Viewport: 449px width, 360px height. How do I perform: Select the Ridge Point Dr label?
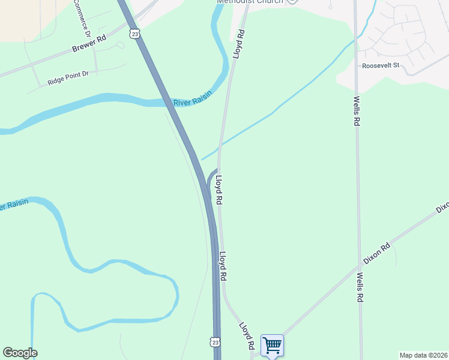[x=68, y=77]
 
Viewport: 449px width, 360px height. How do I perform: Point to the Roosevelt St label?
[x=380, y=65]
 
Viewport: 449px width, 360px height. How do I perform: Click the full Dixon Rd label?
[x=377, y=254]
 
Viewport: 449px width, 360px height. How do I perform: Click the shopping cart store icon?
[x=272, y=345]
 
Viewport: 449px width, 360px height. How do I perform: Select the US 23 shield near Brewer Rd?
[x=135, y=34]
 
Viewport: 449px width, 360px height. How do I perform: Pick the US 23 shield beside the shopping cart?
[x=215, y=342]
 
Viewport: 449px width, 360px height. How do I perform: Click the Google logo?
[x=20, y=353]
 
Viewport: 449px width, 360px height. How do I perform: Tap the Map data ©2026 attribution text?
[x=423, y=355]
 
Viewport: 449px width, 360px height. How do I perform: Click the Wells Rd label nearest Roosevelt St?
[x=356, y=111]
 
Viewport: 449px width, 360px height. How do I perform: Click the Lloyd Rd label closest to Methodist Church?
[x=240, y=44]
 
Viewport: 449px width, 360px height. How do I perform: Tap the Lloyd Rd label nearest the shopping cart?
[x=247, y=337]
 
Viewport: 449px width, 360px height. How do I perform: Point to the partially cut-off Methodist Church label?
[x=249, y=2]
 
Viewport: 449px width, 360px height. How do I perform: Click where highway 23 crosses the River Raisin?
[x=167, y=101]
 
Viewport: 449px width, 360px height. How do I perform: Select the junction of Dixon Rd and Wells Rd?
[x=359, y=267]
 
